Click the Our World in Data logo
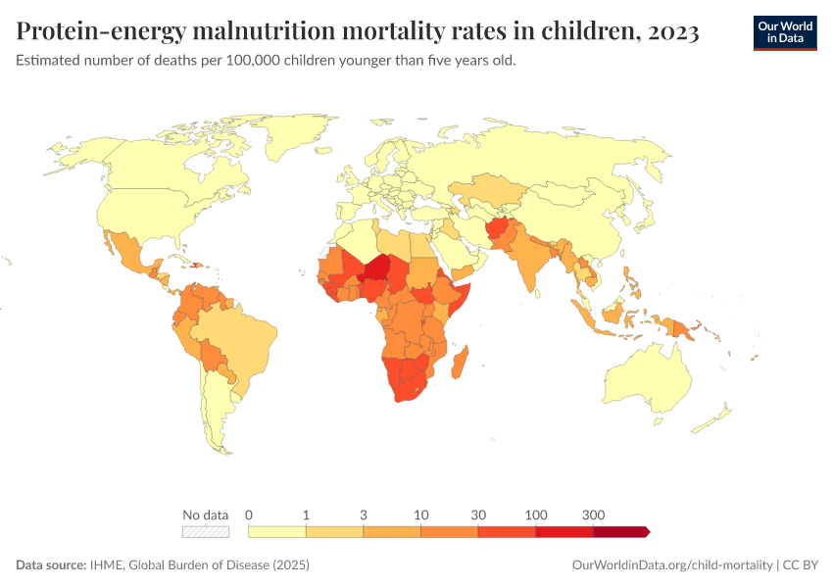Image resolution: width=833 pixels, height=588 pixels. [785, 32]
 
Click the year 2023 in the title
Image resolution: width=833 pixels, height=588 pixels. [672, 32]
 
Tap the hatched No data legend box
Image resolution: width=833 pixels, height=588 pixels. [206, 531]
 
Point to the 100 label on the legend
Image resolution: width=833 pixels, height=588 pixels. [536, 514]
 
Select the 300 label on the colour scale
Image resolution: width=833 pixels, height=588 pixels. [593, 514]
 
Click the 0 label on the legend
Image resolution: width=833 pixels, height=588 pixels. [249, 514]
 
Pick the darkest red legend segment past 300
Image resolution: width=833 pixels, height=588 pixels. [620, 531]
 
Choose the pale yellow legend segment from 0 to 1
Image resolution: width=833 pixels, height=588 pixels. [277, 531]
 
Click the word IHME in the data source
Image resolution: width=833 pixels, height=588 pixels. [106, 565]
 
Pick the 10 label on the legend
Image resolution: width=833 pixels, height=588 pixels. [421, 514]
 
